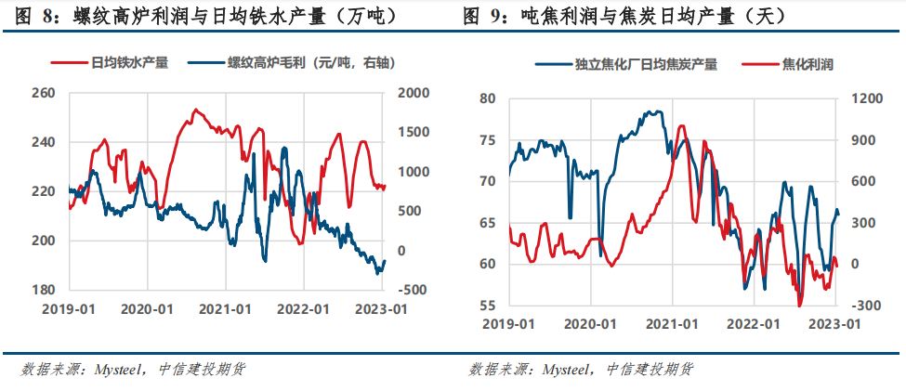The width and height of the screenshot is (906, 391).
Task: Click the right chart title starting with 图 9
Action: (624, 16)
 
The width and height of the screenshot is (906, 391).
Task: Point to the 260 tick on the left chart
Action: (44, 94)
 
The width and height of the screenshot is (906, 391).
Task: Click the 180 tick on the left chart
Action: (44, 290)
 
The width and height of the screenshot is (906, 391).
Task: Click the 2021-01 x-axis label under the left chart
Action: (225, 308)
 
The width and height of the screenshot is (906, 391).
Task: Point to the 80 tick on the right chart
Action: (488, 98)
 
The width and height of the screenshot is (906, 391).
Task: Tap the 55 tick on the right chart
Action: (488, 306)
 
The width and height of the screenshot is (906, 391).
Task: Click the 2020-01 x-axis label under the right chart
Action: (593, 324)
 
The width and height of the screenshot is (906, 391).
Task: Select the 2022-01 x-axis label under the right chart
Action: (754, 324)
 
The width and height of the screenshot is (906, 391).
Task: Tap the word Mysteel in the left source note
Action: (116, 369)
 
